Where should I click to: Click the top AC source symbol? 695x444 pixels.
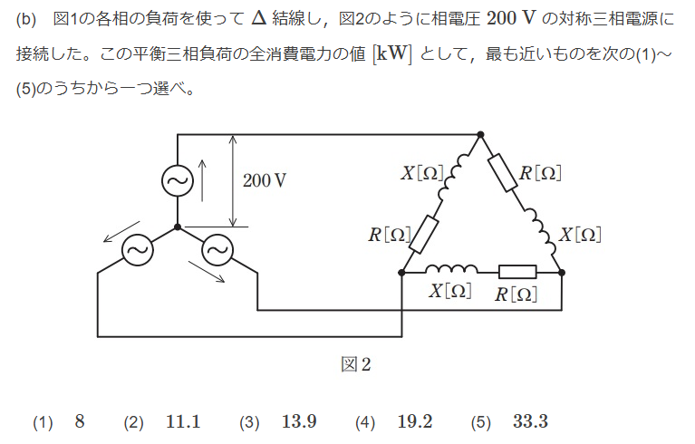click(177, 181)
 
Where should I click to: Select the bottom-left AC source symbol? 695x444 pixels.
click(137, 248)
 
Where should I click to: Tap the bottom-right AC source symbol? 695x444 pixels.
click(217, 248)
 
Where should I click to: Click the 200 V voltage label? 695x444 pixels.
click(265, 180)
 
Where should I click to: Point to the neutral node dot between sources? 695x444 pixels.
click(178, 227)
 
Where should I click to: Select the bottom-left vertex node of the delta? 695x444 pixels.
click(401, 271)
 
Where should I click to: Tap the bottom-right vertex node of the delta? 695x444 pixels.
click(562, 271)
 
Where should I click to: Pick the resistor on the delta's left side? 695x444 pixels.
click(424, 234)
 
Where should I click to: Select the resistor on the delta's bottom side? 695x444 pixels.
click(517, 271)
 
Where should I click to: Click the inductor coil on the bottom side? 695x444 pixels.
click(450, 268)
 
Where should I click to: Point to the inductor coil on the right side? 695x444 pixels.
click(542, 233)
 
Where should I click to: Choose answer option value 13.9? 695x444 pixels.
click(299, 421)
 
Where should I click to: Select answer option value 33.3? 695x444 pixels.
click(530, 421)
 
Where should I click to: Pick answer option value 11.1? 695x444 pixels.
click(183, 421)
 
